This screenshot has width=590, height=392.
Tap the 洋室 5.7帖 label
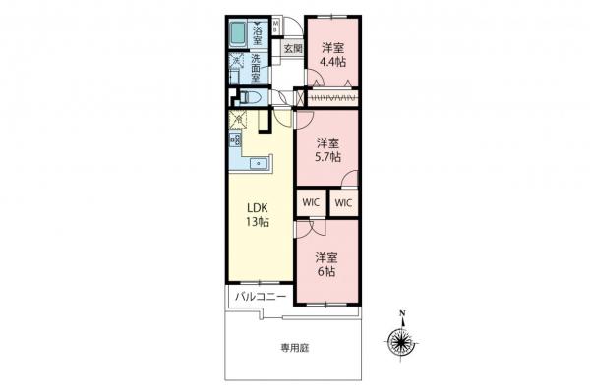[328, 149]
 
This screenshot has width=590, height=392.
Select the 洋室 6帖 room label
[326, 263]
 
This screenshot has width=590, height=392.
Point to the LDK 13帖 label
[258, 215]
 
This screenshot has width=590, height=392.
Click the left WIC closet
[311, 201]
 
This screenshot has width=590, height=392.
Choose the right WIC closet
[343, 201]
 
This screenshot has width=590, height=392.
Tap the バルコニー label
[260, 296]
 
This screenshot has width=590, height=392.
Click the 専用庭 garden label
[293, 349]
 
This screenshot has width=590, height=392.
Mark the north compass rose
[401, 342]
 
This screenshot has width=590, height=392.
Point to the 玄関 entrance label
[292, 48]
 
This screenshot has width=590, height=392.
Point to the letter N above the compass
[401, 316]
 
